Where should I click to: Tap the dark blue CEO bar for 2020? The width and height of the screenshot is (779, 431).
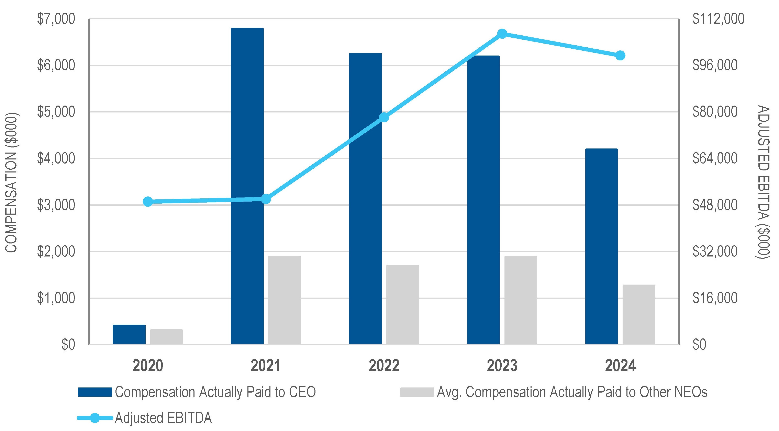(x=129, y=334)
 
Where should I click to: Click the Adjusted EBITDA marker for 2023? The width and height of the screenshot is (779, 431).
(x=502, y=34)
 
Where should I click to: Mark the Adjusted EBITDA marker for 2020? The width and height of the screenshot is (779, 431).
(x=148, y=201)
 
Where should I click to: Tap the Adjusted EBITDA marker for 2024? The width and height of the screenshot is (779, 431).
(x=620, y=56)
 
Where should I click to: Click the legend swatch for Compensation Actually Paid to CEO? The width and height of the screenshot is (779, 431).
(x=95, y=392)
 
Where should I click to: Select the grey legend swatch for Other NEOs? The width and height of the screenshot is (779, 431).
(x=417, y=392)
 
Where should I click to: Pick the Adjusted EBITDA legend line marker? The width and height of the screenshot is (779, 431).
(x=95, y=418)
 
